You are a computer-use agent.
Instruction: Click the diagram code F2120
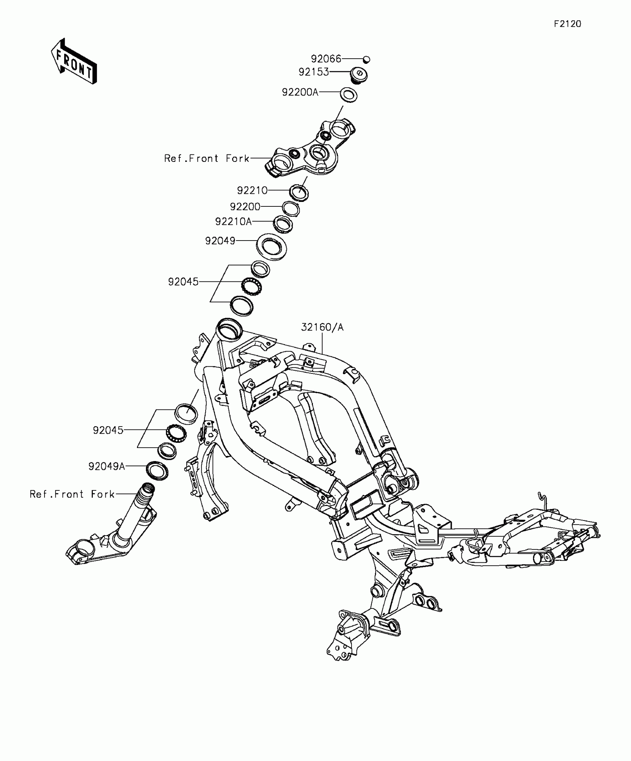568,24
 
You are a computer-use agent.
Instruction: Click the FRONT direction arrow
74,62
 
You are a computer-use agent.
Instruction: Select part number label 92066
326,59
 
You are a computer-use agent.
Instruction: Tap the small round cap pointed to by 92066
366,59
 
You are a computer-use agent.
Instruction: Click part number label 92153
314,72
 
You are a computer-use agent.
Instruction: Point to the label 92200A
300,92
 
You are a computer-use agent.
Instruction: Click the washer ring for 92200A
349,94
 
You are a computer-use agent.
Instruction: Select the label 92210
252,190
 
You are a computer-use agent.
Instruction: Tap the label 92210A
233,222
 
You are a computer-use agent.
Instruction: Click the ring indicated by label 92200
291,209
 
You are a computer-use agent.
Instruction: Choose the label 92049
220,241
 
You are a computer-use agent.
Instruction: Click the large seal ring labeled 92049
272,246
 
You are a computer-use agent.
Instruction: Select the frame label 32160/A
322,327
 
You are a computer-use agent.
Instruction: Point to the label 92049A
107,466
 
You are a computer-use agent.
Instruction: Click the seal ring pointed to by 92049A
157,471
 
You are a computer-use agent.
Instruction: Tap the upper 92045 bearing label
183,282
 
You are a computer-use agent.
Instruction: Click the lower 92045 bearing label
108,430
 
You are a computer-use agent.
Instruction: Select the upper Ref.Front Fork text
207,159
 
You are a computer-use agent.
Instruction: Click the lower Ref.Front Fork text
72,494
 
